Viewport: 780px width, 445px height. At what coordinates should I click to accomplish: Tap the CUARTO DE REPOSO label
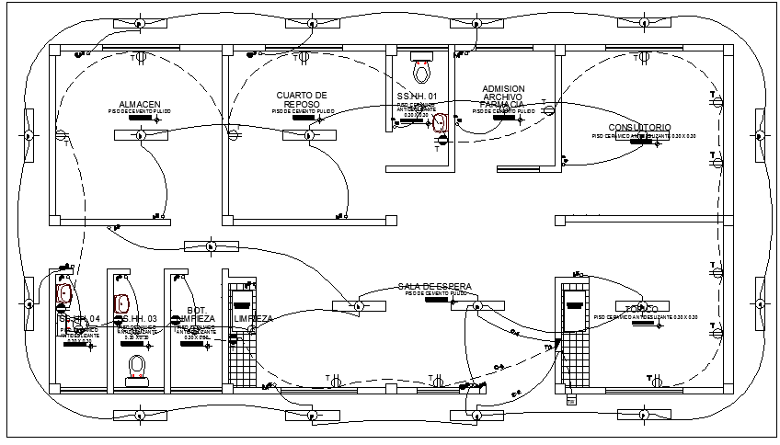tap(302, 99)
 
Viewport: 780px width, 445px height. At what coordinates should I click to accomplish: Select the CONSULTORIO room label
tap(639, 127)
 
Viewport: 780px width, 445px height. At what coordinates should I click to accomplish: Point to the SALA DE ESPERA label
tap(434, 287)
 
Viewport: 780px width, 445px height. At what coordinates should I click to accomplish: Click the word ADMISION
tap(503, 89)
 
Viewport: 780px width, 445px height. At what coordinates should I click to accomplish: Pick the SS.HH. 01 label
tap(418, 97)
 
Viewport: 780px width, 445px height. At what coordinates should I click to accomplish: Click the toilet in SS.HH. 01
tap(422, 70)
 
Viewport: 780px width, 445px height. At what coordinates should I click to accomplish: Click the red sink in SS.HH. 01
tap(441, 122)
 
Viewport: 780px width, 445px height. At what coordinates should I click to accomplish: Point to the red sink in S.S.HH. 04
tap(64, 294)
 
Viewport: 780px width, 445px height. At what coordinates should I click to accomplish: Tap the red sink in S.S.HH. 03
tap(120, 302)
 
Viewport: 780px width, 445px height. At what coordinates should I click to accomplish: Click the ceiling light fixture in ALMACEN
tap(141, 135)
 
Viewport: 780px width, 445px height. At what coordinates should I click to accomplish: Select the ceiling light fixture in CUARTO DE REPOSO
tap(308, 135)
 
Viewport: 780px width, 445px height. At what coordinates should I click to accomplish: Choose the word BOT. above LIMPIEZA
tap(195, 310)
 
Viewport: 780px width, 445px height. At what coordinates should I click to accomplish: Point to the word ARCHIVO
tap(503, 97)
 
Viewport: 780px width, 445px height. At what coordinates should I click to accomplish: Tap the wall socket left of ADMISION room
tap(442, 141)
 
